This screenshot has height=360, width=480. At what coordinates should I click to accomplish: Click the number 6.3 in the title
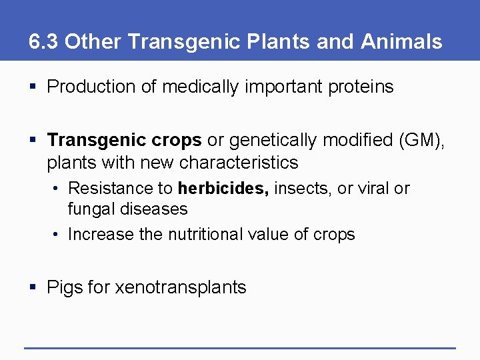[x=44, y=42]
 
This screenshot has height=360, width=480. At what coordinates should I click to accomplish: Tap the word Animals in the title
[x=401, y=42]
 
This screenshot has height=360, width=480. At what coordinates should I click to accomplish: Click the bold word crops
[x=176, y=141]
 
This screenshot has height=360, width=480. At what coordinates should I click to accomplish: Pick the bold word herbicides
[x=223, y=189]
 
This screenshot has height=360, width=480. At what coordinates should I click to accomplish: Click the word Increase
[x=101, y=235]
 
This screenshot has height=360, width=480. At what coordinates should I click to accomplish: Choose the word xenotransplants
[x=181, y=288]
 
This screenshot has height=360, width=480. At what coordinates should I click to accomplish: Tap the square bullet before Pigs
[x=33, y=288]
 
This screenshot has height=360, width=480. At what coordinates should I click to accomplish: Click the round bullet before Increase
[x=57, y=235]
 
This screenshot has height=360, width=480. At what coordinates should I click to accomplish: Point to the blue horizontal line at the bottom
[x=240, y=347]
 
